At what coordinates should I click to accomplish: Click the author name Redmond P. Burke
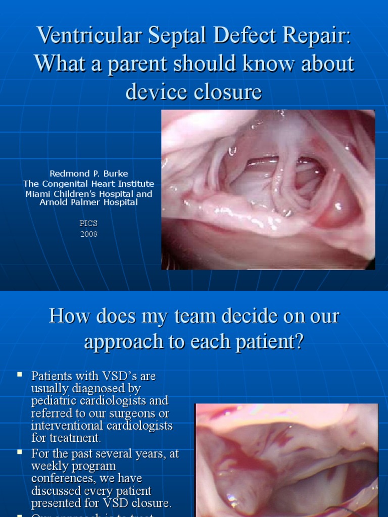click(x=89, y=174)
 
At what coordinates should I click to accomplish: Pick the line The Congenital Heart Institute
click(x=89, y=184)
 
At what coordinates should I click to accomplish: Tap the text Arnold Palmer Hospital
click(x=89, y=202)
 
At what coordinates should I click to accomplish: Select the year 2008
click(x=88, y=234)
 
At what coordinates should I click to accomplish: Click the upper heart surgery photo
click(x=268, y=189)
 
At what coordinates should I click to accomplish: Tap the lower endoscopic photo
click(x=286, y=459)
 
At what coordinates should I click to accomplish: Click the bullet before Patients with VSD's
click(x=20, y=375)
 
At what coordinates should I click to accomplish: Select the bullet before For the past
click(x=20, y=452)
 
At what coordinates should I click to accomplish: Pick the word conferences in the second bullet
click(x=59, y=478)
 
